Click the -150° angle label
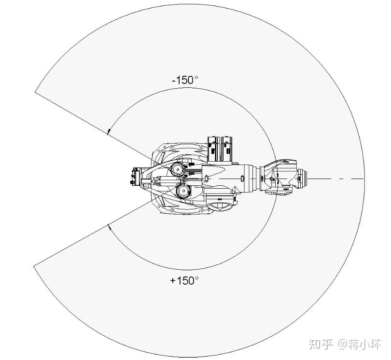tap(185, 80)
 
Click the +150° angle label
tap(184, 280)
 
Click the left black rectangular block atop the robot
tap(213, 148)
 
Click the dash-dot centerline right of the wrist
tap(338, 179)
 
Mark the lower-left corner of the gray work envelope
tap(34, 265)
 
